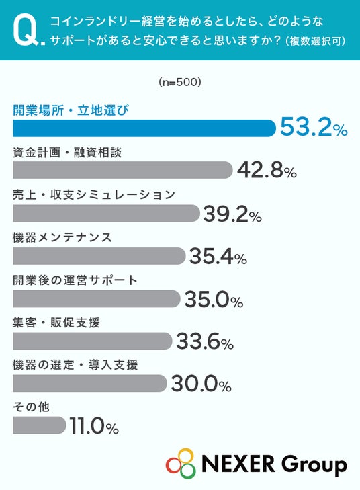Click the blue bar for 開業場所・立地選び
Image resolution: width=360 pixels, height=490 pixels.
click(144, 128)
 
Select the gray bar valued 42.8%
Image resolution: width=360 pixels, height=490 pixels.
click(123, 170)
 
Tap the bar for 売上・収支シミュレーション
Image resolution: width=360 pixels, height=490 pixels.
click(106, 213)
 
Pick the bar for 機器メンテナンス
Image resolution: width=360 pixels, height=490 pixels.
click(99, 256)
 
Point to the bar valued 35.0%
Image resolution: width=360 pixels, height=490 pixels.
click(97, 298)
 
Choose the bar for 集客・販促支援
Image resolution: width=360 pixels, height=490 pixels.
click(93, 341)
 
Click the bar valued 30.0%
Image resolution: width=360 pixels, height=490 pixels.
click(90, 383)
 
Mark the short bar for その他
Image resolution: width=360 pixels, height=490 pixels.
click(40, 425)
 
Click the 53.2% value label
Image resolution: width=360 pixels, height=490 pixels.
click(314, 127)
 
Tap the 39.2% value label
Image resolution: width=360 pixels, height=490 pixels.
click(232, 214)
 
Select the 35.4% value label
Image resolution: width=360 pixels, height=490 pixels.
click(218, 257)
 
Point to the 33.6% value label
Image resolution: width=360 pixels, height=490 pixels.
click(205, 341)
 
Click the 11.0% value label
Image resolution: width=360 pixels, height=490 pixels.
click(94, 426)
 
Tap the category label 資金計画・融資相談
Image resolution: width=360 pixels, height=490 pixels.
click(67, 153)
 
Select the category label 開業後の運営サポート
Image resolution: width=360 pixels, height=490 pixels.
click(75, 280)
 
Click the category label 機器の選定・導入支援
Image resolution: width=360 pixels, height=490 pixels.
click(75, 365)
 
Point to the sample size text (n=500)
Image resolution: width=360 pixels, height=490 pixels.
click(180, 82)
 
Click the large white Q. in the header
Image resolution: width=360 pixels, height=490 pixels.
click(29, 31)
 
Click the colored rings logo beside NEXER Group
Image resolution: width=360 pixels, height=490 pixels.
click(181, 463)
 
